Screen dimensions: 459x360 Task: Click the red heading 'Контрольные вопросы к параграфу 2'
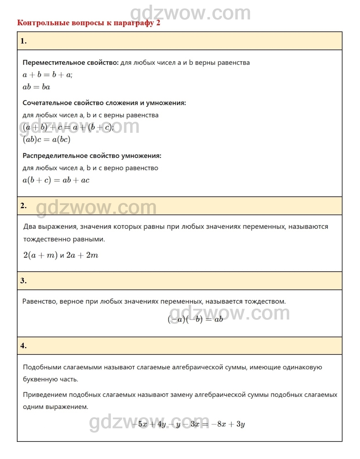click(88, 23)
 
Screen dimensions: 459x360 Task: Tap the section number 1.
click(23, 41)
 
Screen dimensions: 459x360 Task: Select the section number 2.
click(23, 206)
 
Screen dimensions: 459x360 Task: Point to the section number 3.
click(23, 281)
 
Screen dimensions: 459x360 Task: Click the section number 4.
click(23, 346)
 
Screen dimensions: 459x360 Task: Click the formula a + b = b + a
click(48, 75)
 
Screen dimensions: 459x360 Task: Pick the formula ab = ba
click(36, 87)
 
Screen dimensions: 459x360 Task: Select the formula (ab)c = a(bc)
click(46, 140)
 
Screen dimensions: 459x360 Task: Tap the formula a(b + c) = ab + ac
click(56, 180)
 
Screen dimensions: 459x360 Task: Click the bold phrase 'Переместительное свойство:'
click(70, 63)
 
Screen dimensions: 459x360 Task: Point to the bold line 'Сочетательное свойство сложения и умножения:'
click(104, 103)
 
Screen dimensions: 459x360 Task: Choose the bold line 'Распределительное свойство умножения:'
click(92, 156)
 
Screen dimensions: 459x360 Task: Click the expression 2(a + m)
click(40, 255)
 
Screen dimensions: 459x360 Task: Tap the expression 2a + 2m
click(82, 255)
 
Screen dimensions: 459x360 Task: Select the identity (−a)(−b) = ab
click(195, 319)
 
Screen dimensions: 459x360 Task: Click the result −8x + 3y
click(228, 424)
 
